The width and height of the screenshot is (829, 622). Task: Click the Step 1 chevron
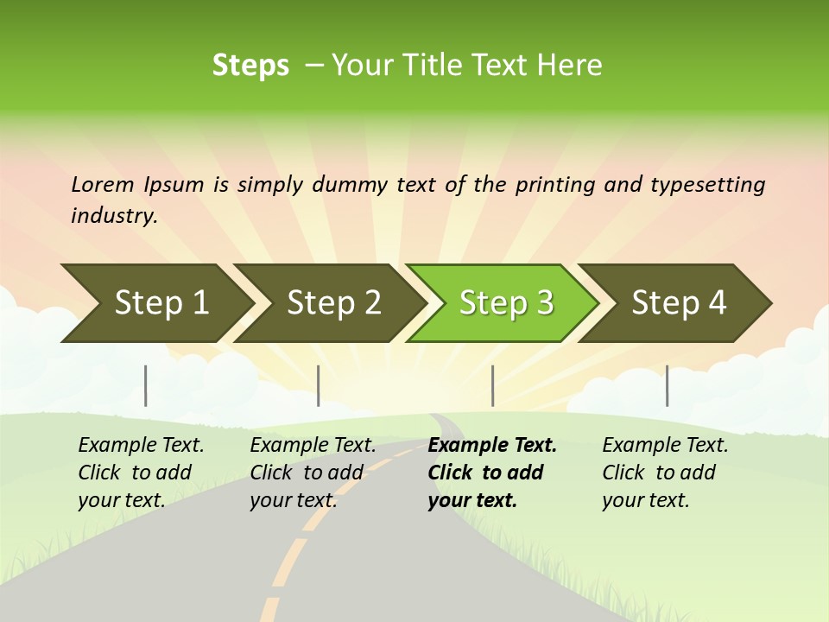(161, 303)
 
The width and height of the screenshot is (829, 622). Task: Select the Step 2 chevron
(333, 303)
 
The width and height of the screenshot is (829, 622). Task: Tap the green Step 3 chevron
(506, 303)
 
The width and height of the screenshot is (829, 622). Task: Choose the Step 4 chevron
(679, 303)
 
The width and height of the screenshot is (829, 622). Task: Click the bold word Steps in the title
(250, 66)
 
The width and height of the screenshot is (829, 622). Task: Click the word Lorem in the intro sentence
(103, 185)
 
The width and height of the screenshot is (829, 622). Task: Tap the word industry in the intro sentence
(113, 216)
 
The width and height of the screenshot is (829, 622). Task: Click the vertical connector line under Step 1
(146, 385)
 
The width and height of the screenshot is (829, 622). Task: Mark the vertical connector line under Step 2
(319, 385)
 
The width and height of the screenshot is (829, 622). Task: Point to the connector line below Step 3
(493, 385)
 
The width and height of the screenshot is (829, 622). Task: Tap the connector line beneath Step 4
(668, 385)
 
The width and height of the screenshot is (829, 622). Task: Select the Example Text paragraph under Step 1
(141, 473)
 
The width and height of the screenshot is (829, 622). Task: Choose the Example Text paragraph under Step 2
(313, 473)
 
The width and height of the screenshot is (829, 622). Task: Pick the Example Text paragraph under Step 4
(665, 473)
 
